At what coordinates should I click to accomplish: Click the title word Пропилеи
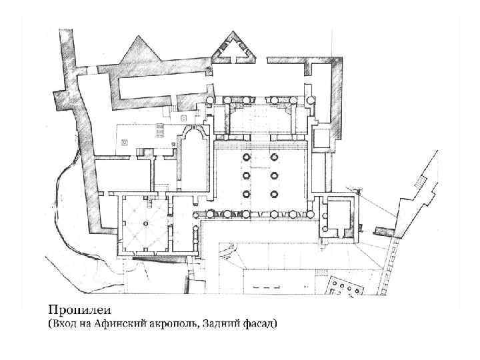pos(79,310)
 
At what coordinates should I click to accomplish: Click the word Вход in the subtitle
pos(63,323)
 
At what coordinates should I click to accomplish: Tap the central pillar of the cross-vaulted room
pos(146,223)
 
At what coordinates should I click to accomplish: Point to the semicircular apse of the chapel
pos(194,131)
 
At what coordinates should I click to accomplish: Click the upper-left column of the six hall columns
pos(247,157)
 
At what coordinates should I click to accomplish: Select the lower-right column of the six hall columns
pos(274,194)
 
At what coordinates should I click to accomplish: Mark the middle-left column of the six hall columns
pos(247,175)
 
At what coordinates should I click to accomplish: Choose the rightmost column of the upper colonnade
pos(311,100)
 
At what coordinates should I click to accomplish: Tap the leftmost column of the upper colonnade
pos(210,100)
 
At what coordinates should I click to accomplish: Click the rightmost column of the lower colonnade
pos(311,214)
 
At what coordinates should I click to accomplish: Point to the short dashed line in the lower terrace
pos(266,287)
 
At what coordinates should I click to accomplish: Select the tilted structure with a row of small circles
pos(346,287)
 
